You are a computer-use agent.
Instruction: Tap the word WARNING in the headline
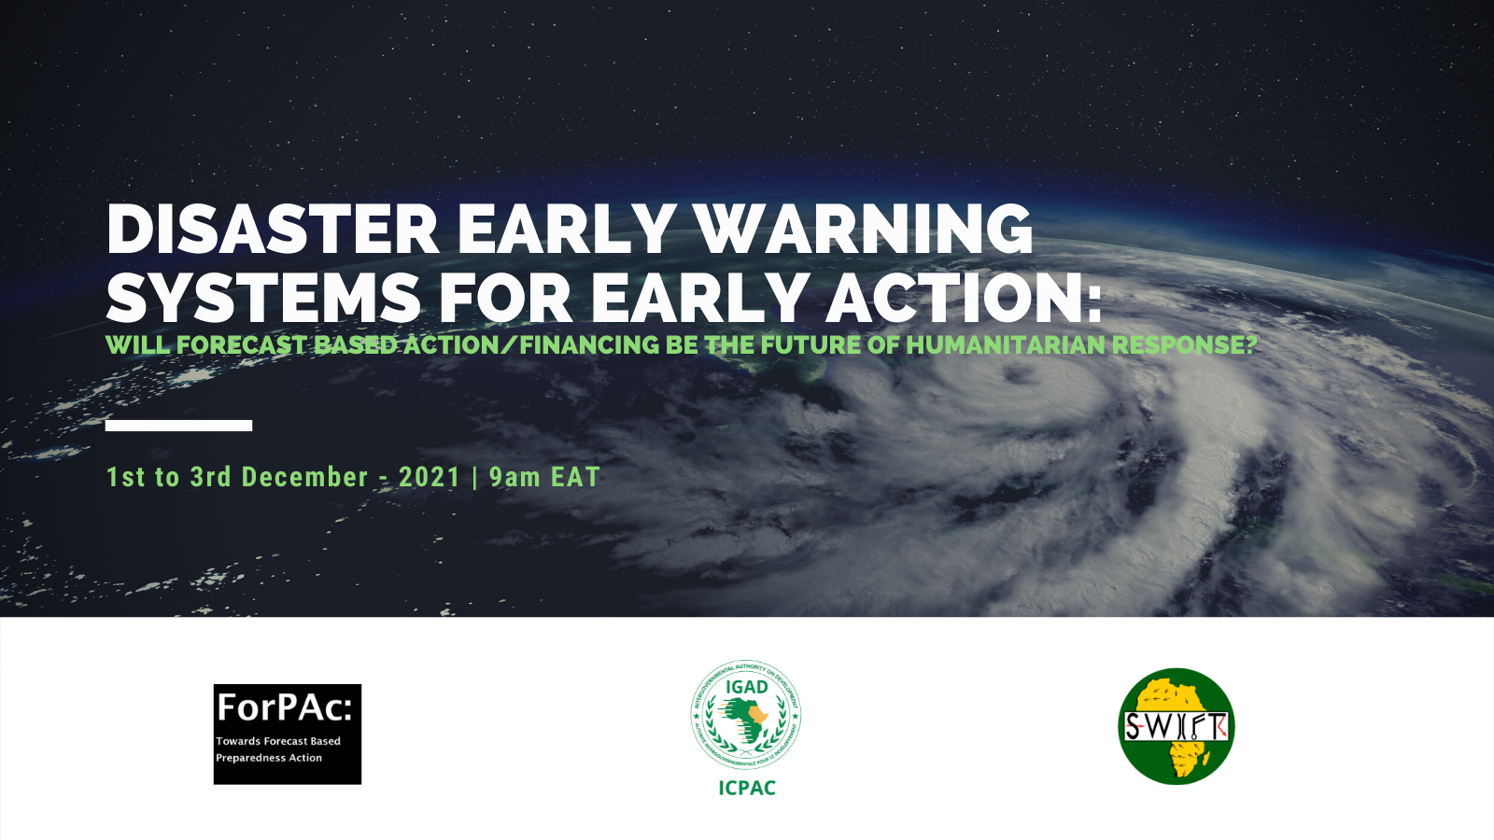pyautogui.click(x=863, y=230)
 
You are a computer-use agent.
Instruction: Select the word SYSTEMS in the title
pyautogui.click(x=263, y=299)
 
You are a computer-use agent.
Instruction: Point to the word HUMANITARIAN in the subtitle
pyautogui.click(x=1006, y=345)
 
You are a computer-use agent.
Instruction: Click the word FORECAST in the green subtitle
pyautogui.click(x=242, y=345)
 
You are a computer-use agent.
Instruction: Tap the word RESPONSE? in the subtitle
pyautogui.click(x=1184, y=345)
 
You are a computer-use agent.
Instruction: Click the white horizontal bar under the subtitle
pyautogui.click(x=178, y=426)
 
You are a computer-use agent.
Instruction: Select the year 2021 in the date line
pyautogui.click(x=430, y=477)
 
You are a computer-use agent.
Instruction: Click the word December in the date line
pyautogui.click(x=304, y=477)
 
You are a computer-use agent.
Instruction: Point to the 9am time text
pyautogui.click(x=514, y=477)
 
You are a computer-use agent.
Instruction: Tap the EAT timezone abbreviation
pyautogui.click(x=575, y=477)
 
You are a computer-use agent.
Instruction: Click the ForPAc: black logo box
pyautogui.click(x=287, y=734)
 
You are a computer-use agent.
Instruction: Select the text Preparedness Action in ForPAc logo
pyautogui.click(x=269, y=758)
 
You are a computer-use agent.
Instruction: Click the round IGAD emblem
pyautogui.click(x=746, y=715)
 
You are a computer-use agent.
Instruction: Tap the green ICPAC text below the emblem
pyautogui.click(x=747, y=788)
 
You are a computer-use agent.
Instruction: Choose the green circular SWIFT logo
pyautogui.click(x=1176, y=726)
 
